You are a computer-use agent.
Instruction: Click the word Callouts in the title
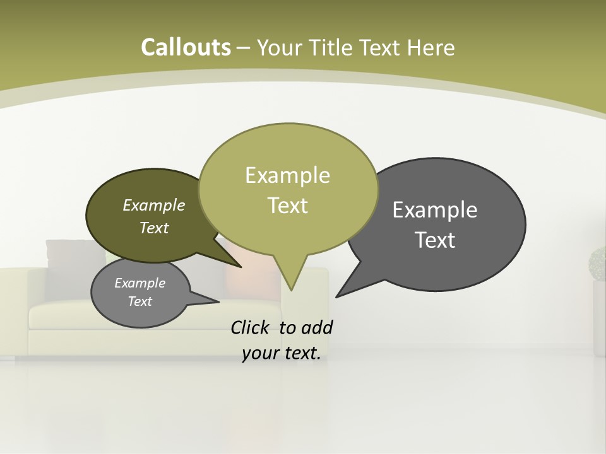pyautogui.click(x=186, y=47)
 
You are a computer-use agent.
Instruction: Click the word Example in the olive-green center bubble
pyautogui.click(x=287, y=175)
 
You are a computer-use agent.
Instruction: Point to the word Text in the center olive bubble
pyautogui.click(x=287, y=206)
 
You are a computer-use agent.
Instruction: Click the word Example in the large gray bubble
pyautogui.click(x=435, y=209)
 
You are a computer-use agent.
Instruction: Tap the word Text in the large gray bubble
pyautogui.click(x=435, y=240)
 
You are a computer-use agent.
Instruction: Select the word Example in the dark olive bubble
pyautogui.click(x=154, y=205)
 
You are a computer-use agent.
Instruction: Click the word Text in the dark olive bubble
pyautogui.click(x=154, y=228)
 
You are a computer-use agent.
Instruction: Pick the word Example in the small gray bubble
pyautogui.click(x=140, y=283)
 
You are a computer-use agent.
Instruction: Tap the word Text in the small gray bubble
pyautogui.click(x=140, y=301)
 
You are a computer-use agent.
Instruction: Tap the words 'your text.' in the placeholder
pyautogui.click(x=282, y=353)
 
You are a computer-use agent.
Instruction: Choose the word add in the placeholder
pyautogui.click(x=317, y=327)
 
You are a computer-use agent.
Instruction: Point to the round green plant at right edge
pyautogui.click(x=598, y=264)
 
